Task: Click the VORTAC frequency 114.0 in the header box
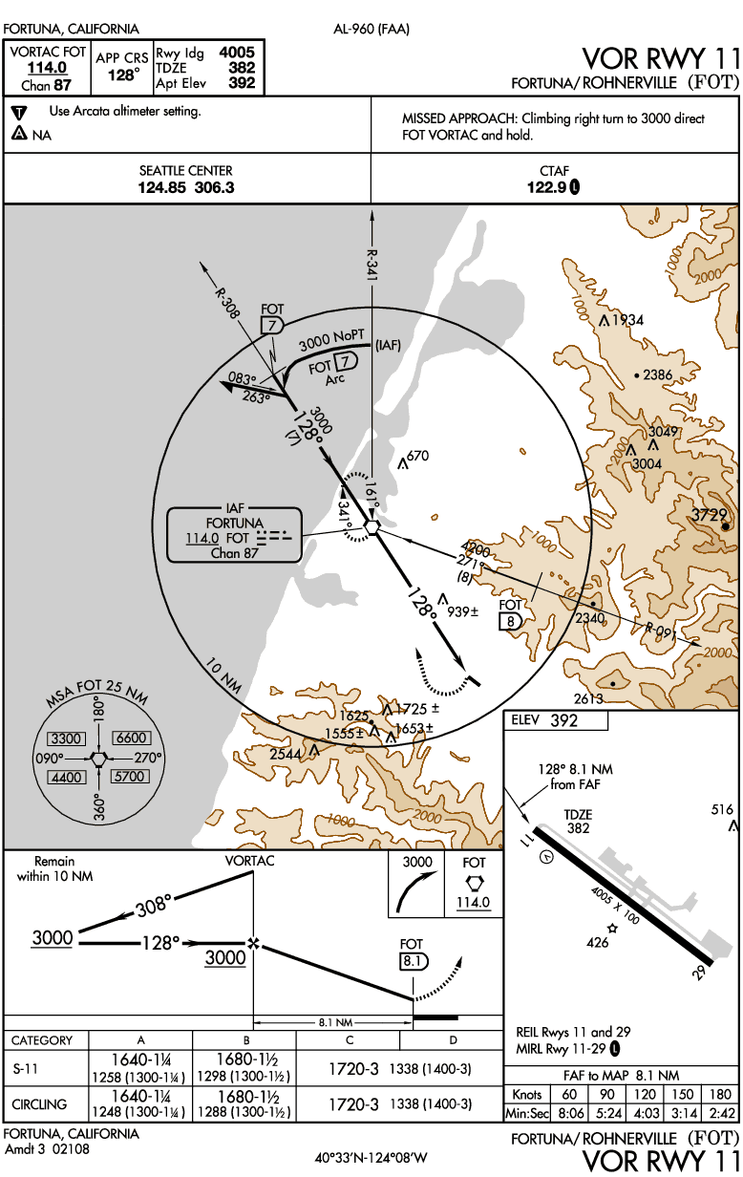(47, 68)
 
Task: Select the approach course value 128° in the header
(122, 74)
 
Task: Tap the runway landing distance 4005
(237, 53)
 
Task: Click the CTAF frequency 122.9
(547, 187)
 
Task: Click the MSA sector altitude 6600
(129, 738)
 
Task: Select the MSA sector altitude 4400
(67, 777)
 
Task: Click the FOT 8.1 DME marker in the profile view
(413, 961)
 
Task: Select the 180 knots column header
(719, 1094)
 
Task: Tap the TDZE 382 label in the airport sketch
(579, 822)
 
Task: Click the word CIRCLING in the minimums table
(39, 1104)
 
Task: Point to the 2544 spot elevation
(287, 754)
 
